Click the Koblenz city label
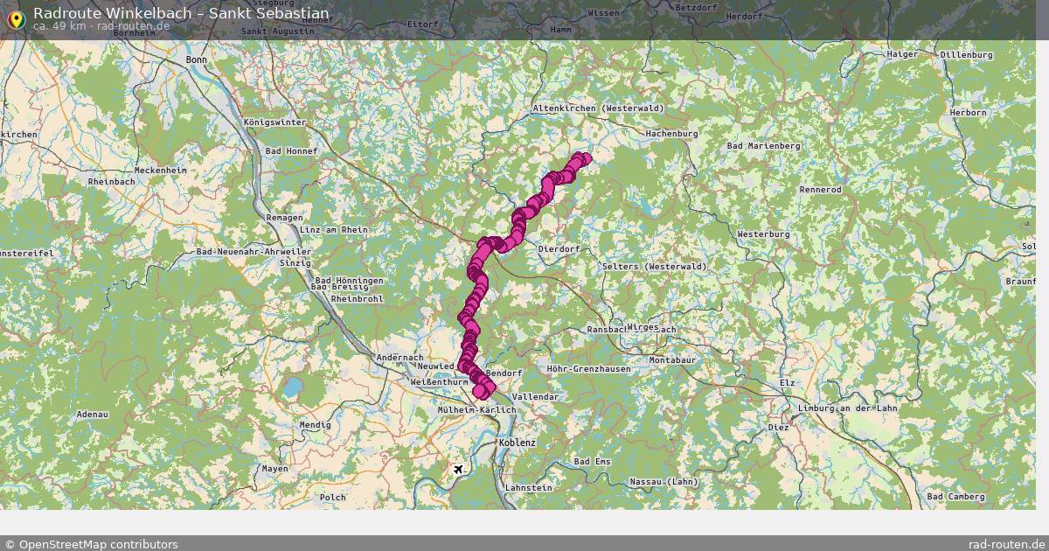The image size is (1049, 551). click(517, 443)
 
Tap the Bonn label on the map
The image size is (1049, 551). click(197, 59)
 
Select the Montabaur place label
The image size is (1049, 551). click(671, 360)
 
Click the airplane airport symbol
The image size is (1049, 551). click(458, 470)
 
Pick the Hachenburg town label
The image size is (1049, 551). click(671, 134)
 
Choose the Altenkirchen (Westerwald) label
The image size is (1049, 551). click(598, 108)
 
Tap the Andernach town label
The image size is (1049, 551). click(399, 358)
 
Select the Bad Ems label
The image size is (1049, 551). click(592, 461)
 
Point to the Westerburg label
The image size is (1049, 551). click(762, 234)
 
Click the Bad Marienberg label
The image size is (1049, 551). click(763, 145)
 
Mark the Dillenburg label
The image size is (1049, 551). click(966, 55)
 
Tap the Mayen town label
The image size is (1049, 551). click(274, 469)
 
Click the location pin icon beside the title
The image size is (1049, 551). click(15, 18)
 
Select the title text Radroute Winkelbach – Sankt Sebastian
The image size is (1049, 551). click(181, 13)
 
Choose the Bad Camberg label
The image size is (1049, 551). click(955, 497)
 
